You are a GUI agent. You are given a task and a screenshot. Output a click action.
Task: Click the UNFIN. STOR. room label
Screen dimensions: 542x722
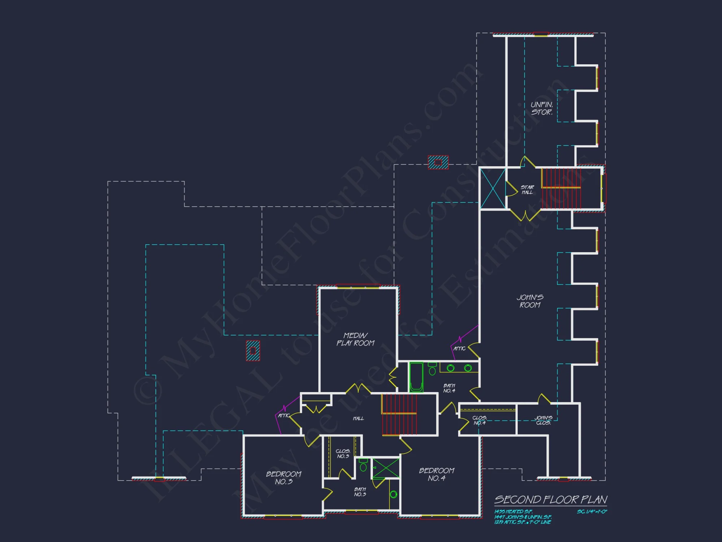click(541, 108)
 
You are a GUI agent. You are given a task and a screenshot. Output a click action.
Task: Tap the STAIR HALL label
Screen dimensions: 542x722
click(527, 190)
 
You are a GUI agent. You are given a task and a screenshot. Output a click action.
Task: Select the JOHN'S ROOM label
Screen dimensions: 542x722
click(530, 301)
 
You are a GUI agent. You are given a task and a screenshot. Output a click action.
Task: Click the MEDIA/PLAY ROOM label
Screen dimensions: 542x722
click(356, 339)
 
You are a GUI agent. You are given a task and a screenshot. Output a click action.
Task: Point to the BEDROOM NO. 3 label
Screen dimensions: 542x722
click(284, 478)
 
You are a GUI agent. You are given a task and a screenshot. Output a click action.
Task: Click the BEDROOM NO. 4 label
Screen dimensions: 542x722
click(436, 474)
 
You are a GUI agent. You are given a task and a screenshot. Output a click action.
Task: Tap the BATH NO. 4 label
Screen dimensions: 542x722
click(449, 388)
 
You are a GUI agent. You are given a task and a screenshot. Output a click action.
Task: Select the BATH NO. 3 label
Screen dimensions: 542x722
click(360, 492)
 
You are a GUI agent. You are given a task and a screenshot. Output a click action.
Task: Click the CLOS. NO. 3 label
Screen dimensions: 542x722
click(343, 453)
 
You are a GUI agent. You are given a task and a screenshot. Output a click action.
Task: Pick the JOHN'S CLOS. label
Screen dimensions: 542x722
click(543, 420)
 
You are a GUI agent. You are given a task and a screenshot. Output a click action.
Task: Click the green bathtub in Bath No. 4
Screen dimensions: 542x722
click(416, 377)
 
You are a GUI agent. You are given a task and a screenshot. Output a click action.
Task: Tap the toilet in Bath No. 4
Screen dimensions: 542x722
click(432, 370)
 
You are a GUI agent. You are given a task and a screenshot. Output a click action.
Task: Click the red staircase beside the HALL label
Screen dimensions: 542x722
click(399, 414)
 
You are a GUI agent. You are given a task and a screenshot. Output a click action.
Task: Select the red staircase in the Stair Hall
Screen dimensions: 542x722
click(561, 189)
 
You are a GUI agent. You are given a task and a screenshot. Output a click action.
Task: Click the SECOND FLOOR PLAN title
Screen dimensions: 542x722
click(551, 500)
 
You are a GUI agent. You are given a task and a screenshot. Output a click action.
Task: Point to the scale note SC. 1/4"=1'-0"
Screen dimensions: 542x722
click(592, 512)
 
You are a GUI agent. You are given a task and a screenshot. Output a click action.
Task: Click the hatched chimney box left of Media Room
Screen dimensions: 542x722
click(253, 350)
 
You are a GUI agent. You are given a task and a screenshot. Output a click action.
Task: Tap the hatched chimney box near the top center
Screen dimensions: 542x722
click(438, 162)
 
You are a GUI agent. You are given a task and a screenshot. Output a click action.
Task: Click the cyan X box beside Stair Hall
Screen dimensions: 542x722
click(493, 189)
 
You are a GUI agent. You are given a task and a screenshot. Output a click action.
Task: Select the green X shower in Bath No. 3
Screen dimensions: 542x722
click(386, 468)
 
